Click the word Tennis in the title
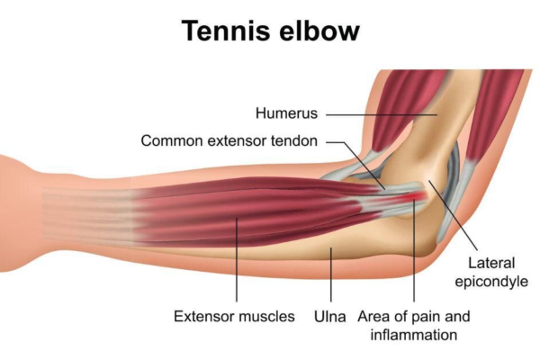pyautogui.click(x=226, y=31)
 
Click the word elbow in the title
pyautogui.click(x=319, y=31)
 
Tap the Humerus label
pyautogui.click(x=286, y=113)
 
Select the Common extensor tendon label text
pyautogui.click(x=229, y=141)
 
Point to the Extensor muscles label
pyautogui.click(x=234, y=316)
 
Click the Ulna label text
pyautogui.click(x=330, y=317)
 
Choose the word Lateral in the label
pyautogui.click(x=491, y=263)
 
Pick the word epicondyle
pyautogui.click(x=491, y=282)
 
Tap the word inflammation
pyautogui.click(x=414, y=335)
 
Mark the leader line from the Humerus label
pyautogui.click(x=382, y=114)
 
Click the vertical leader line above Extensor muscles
pyautogui.click(x=237, y=260)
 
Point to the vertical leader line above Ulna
pyautogui.click(x=331, y=274)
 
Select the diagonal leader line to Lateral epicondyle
pyautogui.click(x=453, y=214)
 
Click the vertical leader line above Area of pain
pyautogui.click(x=414, y=251)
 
